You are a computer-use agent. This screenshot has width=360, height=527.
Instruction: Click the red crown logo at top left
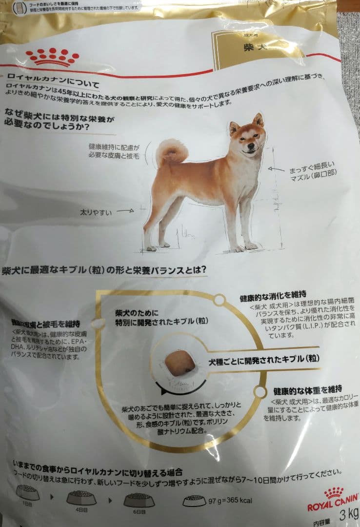[x=52, y=57]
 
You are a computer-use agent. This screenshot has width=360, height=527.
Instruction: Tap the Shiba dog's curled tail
[x=171, y=151]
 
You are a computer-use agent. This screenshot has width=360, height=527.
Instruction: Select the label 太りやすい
[x=96, y=212]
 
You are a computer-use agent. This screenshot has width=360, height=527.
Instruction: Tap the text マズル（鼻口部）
[x=313, y=173]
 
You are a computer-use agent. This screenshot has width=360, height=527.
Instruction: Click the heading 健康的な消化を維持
[x=273, y=294]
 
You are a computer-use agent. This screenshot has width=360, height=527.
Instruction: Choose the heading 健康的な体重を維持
[x=307, y=390]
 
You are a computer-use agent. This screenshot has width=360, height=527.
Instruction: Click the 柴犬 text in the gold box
[x=254, y=48]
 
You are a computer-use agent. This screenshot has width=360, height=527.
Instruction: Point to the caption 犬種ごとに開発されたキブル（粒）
[x=263, y=360]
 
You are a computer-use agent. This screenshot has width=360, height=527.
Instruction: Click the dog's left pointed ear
[x=234, y=128]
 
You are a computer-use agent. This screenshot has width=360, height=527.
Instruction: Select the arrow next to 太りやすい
[x=125, y=211]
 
